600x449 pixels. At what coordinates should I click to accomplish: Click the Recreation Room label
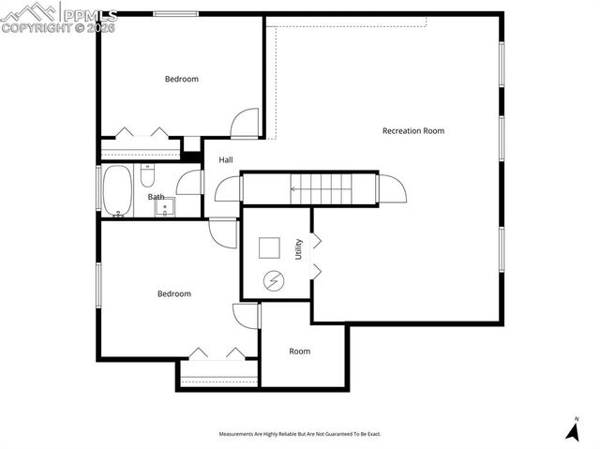coord(412,130)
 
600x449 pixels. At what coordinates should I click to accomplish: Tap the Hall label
coord(226,160)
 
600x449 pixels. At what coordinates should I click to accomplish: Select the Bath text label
coord(156,197)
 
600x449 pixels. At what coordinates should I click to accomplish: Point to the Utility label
coord(299,249)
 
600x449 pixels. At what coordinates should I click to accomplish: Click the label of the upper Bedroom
coord(181,80)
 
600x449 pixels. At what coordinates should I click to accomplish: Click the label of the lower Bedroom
coord(173,294)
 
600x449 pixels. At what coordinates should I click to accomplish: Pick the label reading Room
coord(299,352)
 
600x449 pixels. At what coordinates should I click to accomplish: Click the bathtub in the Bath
coord(117,191)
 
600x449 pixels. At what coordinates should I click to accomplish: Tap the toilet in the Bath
coord(147,175)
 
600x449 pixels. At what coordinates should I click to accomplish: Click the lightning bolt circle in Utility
coord(273,279)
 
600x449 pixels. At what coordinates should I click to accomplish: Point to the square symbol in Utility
coord(270,247)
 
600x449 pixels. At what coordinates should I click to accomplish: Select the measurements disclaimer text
coord(300,434)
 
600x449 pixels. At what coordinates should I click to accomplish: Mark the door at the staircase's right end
coord(393,188)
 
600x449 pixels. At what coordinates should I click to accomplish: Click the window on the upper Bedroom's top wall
coord(175,14)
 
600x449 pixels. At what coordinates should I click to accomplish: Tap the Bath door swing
coord(190,183)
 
